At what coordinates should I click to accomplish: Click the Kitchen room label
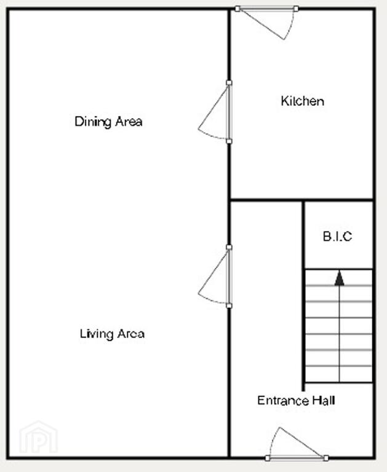(303, 101)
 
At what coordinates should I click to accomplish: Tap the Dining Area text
(108, 122)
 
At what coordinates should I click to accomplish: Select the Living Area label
(112, 334)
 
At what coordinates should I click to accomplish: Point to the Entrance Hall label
(296, 400)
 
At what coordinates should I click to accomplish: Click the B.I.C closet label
(337, 236)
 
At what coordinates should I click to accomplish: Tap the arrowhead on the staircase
(340, 278)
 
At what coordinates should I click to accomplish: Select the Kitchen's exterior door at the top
(267, 23)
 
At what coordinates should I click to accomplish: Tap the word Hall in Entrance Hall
(324, 400)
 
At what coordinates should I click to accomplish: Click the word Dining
(93, 122)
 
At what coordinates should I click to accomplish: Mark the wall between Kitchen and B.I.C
(302, 199)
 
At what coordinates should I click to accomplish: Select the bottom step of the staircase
(339, 374)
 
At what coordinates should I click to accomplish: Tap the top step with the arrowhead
(339, 277)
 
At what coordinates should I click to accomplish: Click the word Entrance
(283, 400)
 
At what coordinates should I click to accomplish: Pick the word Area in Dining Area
(129, 122)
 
